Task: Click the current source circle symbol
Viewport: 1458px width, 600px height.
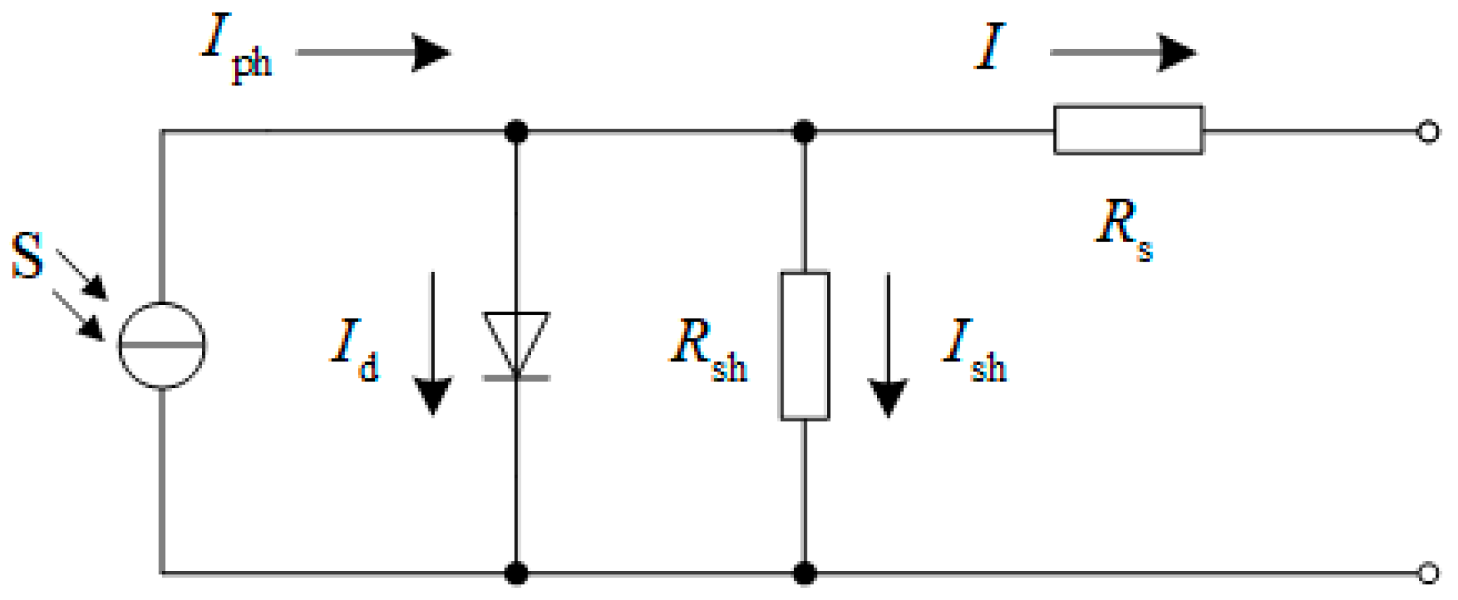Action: (162, 346)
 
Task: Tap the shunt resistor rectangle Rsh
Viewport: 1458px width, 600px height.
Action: (805, 346)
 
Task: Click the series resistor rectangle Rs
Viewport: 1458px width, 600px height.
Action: (1128, 130)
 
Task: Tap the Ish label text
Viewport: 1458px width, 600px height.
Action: (974, 350)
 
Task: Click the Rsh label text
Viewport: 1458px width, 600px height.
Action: (708, 350)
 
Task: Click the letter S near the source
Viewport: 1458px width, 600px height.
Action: (27, 256)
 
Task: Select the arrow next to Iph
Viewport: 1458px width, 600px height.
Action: (373, 52)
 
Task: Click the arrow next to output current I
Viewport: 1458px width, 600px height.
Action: (1123, 52)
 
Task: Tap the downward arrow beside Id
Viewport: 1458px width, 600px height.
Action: (433, 344)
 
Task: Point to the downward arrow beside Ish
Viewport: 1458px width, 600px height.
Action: (888, 346)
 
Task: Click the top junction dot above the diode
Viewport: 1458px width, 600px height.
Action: (516, 132)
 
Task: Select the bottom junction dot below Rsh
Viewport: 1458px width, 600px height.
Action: (805, 574)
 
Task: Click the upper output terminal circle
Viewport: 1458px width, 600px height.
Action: (1428, 132)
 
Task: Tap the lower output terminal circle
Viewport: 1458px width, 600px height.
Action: (1428, 573)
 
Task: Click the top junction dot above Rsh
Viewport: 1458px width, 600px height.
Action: (805, 132)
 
